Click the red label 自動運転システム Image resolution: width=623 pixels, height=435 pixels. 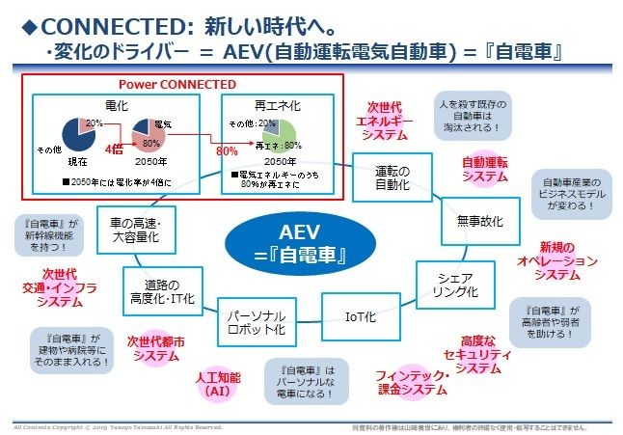tap(484, 170)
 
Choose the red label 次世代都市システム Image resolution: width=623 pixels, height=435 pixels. tap(155, 348)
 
